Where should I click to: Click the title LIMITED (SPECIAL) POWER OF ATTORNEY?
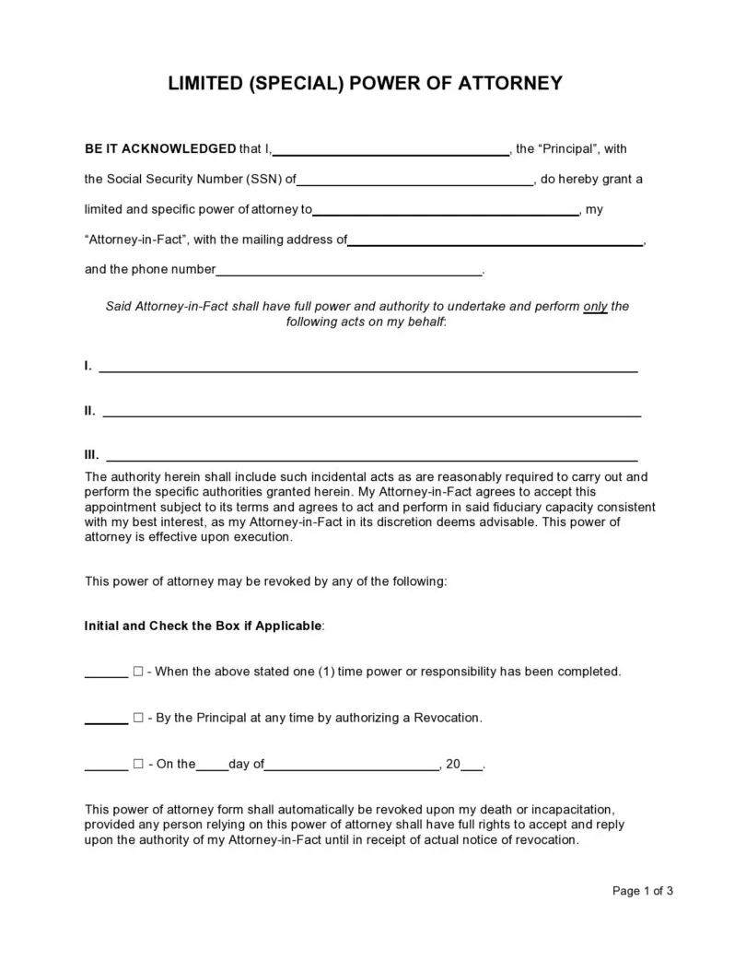pyautogui.click(x=364, y=84)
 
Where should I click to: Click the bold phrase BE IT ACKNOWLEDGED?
pyautogui.click(x=160, y=148)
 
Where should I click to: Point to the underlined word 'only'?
pyautogui.click(x=595, y=307)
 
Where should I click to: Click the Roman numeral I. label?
pyautogui.click(x=87, y=367)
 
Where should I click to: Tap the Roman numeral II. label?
pyautogui.click(x=89, y=411)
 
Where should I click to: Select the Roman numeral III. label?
pyautogui.click(x=91, y=455)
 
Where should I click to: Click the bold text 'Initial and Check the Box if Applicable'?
pyautogui.click(x=204, y=626)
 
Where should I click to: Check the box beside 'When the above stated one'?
pyautogui.click(x=138, y=672)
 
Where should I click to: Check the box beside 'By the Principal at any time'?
pyautogui.click(x=138, y=718)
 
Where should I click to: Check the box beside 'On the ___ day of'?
pyautogui.click(x=138, y=764)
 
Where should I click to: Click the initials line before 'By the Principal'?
pyautogui.click(x=106, y=721)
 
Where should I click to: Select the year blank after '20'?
pyautogui.click(x=471, y=767)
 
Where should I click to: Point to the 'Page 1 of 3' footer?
pyautogui.click(x=643, y=891)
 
